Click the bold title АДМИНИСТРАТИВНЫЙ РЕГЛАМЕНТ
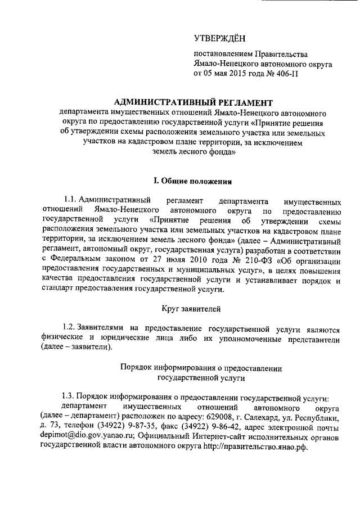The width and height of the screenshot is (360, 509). pyautogui.click(x=192, y=102)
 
